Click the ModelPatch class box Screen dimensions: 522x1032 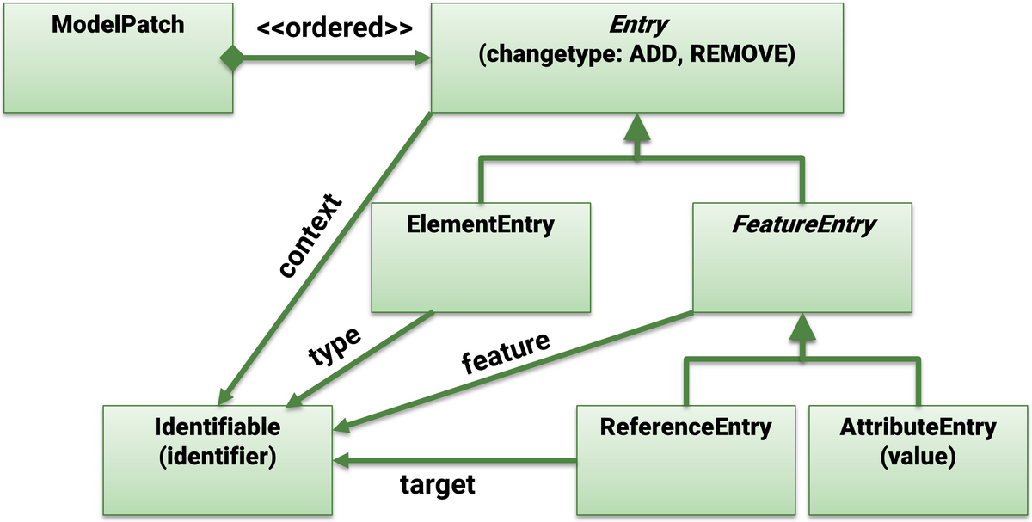point(117,56)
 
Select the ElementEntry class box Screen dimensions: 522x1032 point(481,256)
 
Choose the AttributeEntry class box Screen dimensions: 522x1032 point(918,459)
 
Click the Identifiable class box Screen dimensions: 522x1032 point(217,459)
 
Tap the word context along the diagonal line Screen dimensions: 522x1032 point(311,236)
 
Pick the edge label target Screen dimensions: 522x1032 point(438,485)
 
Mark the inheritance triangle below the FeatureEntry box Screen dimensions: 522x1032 point(802,327)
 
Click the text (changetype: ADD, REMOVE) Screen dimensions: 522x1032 point(636,54)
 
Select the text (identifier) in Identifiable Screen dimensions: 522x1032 point(217,456)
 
